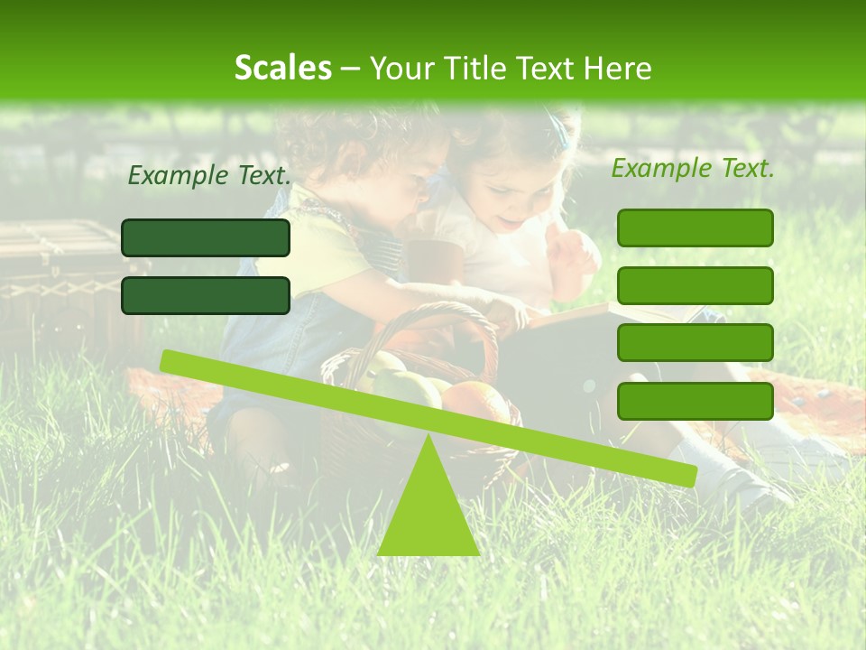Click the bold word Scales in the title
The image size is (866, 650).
point(282,68)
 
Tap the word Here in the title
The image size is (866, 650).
point(619,68)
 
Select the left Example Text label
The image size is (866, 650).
point(209,175)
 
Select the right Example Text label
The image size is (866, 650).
point(693,168)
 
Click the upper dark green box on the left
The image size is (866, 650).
point(206,237)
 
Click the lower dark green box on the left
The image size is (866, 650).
point(206,295)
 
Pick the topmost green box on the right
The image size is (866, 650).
point(695,227)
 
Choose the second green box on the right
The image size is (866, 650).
point(695,285)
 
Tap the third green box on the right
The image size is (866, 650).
point(695,342)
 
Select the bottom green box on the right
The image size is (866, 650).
point(695,401)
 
